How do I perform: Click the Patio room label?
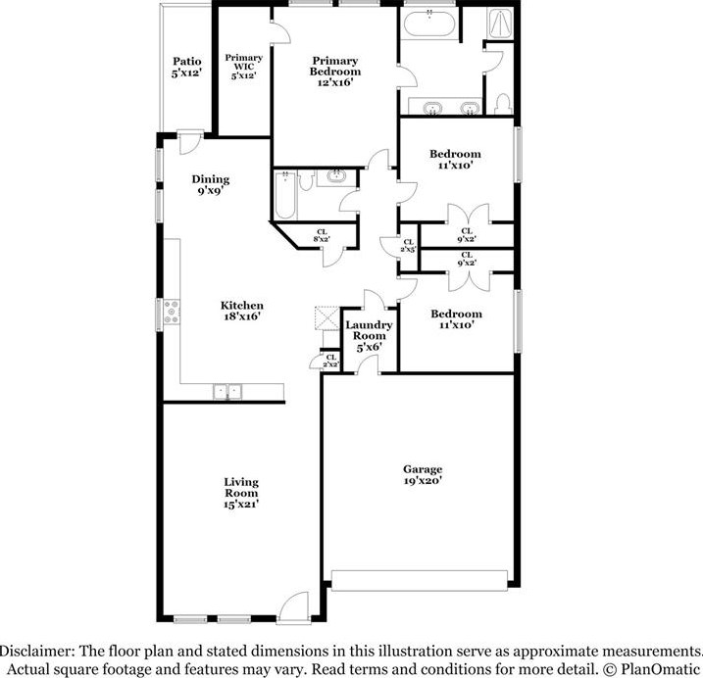[x=187, y=67]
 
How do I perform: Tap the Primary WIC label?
[x=243, y=67]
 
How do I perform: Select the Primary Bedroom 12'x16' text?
[x=335, y=72]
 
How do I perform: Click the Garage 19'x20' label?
[x=423, y=474]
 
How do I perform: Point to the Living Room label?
[x=241, y=493]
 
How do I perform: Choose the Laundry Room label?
[x=369, y=336]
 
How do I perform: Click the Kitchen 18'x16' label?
[x=242, y=311]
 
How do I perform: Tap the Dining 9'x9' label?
[x=210, y=185]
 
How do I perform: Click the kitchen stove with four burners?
[x=172, y=312]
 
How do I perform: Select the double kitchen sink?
[x=227, y=392]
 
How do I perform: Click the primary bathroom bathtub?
[x=429, y=23]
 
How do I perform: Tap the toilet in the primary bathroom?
[x=504, y=104]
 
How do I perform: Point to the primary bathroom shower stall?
[x=500, y=24]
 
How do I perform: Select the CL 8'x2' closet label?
[x=322, y=236]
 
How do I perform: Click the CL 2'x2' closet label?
[x=330, y=361]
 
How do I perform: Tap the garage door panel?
[x=420, y=580]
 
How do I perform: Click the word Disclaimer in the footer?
[x=36, y=651]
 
